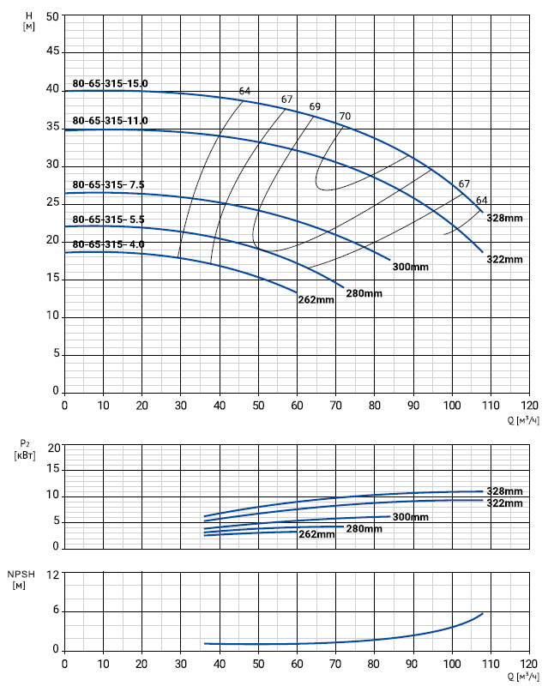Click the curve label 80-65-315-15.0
click(x=110, y=84)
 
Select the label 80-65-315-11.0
click(x=110, y=120)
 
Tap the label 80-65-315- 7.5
click(x=108, y=184)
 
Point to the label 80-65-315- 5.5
click(x=108, y=220)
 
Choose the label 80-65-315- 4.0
click(x=108, y=244)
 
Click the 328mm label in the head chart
click(x=504, y=219)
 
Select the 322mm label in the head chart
click(x=504, y=259)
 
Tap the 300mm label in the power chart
click(x=410, y=517)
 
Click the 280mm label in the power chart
click(x=364, y=529)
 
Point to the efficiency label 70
click(x=345, y=117)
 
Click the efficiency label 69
click(x=315, y=106)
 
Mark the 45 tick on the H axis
click(x=52, y=52)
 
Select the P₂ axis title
click(x=25, y=448)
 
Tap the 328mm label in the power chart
click(x=504, y=491)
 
